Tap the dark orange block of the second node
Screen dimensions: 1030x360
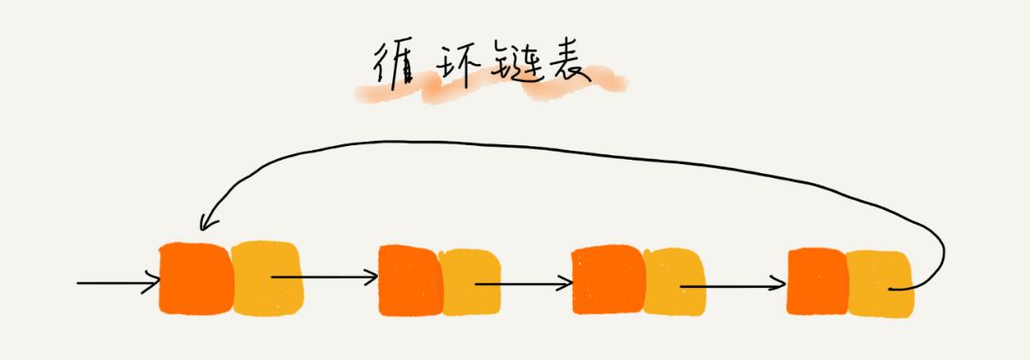(x=409, y=280)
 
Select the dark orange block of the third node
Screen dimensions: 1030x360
(x=606, y=280)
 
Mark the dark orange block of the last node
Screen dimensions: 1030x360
(x=815, y=282)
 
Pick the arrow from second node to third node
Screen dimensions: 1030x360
(x=523, y=283)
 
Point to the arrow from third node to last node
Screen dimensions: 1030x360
(x=732, y=287)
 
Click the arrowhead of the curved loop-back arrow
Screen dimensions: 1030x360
(x=206, y=222)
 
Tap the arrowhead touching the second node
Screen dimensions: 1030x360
(x=372, y=277)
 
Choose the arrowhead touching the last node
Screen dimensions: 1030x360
(x=779, y=287)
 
